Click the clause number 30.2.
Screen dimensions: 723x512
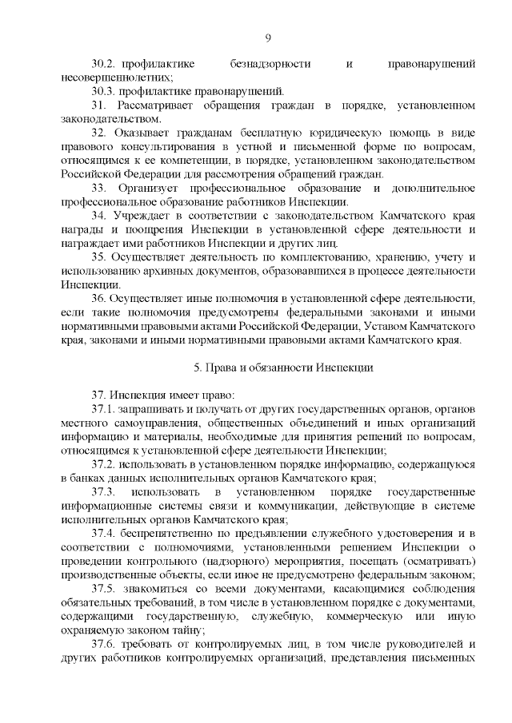[104, 62]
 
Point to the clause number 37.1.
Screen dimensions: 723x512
[104, 410]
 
